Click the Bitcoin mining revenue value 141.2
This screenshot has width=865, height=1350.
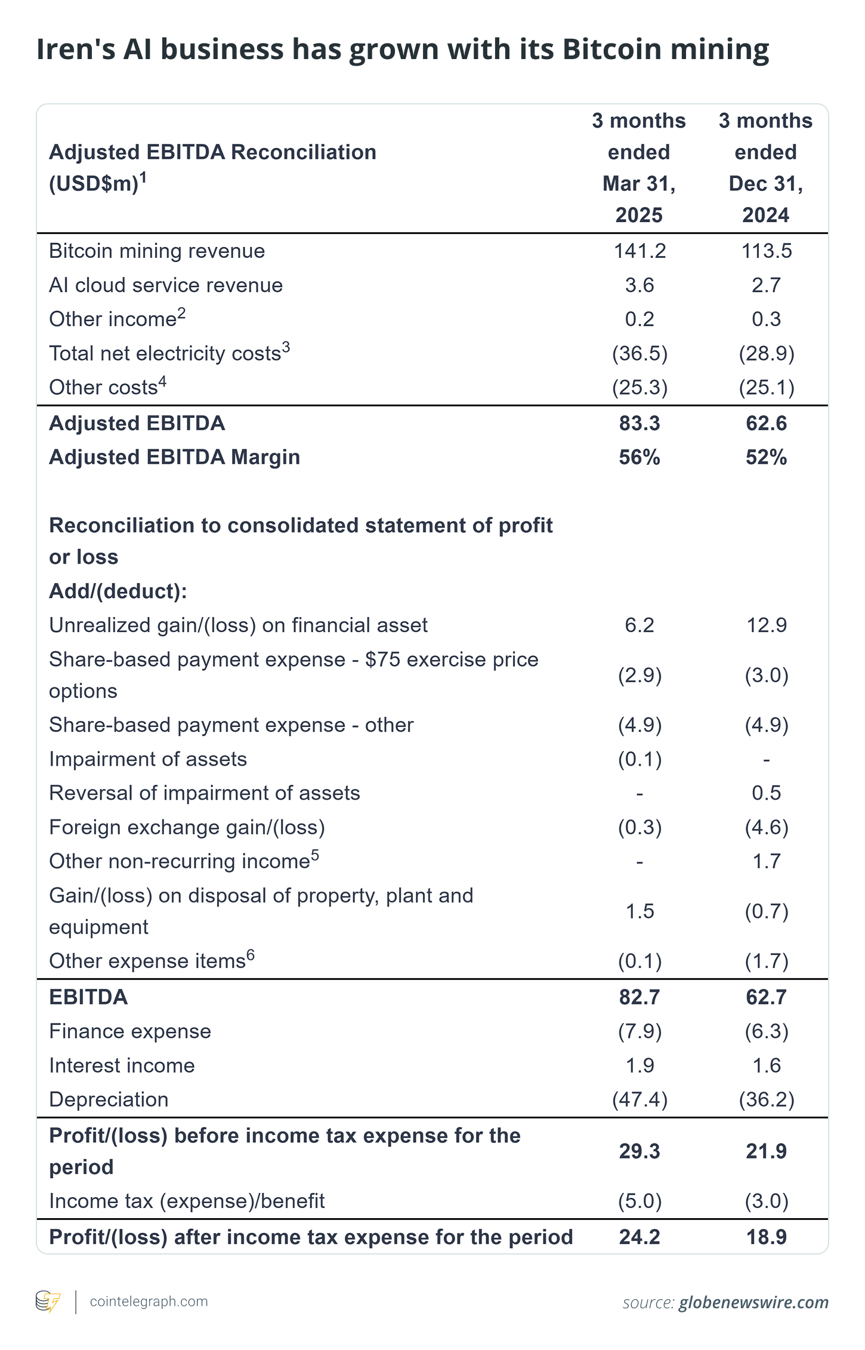pos(640,251)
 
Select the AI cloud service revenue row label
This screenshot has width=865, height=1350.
pos(166,285)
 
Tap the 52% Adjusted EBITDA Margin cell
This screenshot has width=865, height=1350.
pos(766,457)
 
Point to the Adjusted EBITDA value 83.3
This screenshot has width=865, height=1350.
pos(640,423)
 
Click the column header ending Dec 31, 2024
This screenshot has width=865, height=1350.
pos(766,168)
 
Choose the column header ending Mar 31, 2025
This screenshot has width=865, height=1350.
pos(639,168)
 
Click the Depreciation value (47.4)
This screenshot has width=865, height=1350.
pos(640,1099)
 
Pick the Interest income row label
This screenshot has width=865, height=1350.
pos(122,1065)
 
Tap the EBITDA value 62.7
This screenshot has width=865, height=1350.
pos(766,997)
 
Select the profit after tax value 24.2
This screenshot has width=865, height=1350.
pos(640,1237)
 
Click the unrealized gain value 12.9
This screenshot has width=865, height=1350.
pos(766,625)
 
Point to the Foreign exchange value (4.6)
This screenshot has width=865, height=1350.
pos(766,827)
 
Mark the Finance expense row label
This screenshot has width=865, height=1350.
pos(130,1031)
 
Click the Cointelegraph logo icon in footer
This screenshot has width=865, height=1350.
pos(48,1302)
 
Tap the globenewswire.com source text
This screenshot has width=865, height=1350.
pos(753,1302)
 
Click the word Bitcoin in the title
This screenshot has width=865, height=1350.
pos(611,49)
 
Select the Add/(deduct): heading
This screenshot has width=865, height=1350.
pos(118,591)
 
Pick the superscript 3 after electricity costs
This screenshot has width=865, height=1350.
pos(286,347)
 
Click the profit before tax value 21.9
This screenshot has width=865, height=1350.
pos(766,1151)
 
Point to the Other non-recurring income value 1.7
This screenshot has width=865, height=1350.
pos(766,861)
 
